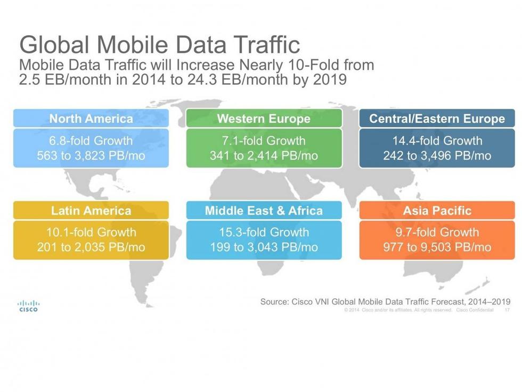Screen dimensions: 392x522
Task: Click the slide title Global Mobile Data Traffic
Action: [159, 45]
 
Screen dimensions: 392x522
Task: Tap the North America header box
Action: [91, 118]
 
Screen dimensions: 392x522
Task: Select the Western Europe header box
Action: [264, 118]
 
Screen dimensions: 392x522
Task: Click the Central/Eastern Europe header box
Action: [437, 118]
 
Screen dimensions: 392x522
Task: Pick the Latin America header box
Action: [91, 210]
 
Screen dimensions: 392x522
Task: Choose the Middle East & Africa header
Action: [264, 210]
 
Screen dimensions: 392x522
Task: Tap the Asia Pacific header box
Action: [437, 210]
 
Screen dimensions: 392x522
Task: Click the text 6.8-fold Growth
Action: [91, 141]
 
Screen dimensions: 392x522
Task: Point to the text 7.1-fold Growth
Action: [264, 141]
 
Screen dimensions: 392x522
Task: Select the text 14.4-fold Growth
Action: [437, 141]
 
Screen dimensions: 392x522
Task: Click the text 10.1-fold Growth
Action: [91, 233]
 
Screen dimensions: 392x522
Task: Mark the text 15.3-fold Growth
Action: [264, 233]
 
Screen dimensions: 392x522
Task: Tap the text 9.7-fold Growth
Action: [437, 233]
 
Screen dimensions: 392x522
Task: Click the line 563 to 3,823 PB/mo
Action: [91, 156]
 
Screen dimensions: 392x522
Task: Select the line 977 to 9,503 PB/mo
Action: [437, 247]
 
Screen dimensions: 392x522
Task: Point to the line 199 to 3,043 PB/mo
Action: [264, 247]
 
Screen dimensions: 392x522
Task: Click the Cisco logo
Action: [28, 306]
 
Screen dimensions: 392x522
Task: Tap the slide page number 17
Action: [507, 310]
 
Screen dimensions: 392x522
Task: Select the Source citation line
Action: [385, 302]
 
